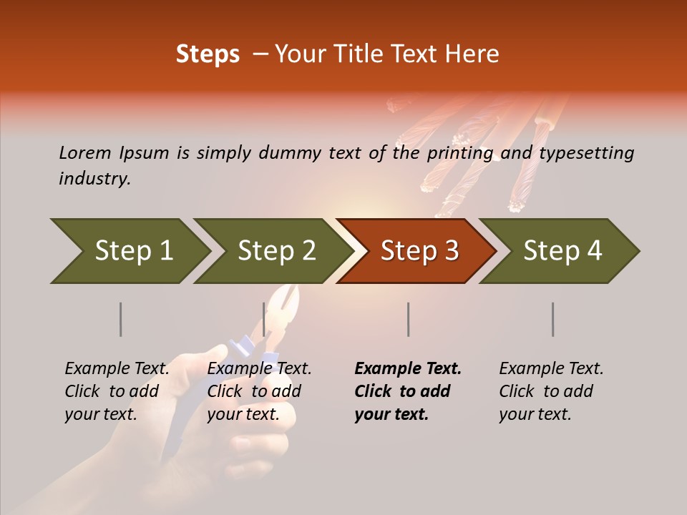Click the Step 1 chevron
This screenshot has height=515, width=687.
tap(133, 251)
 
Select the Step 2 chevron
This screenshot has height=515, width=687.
tap(276, 251)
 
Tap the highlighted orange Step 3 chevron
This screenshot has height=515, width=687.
tap(419, 251)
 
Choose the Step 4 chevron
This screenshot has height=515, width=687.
tap(562, 251)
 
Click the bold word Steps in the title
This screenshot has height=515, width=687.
tap(208, 54)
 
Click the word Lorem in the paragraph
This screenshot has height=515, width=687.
tap(85, 152)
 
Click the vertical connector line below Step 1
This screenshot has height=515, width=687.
tap(120, 319)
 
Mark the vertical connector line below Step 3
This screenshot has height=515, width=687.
tap(408, 319)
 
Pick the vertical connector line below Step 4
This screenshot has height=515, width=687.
tap(552, 319)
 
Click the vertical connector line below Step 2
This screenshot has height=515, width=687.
tap(264, 319)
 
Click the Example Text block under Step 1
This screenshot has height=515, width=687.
tap(117, 391)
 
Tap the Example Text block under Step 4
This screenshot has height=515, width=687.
tap(550, 391)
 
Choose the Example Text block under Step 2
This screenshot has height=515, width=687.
tap(259, 391)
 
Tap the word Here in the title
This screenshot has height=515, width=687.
tap(473, 54)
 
